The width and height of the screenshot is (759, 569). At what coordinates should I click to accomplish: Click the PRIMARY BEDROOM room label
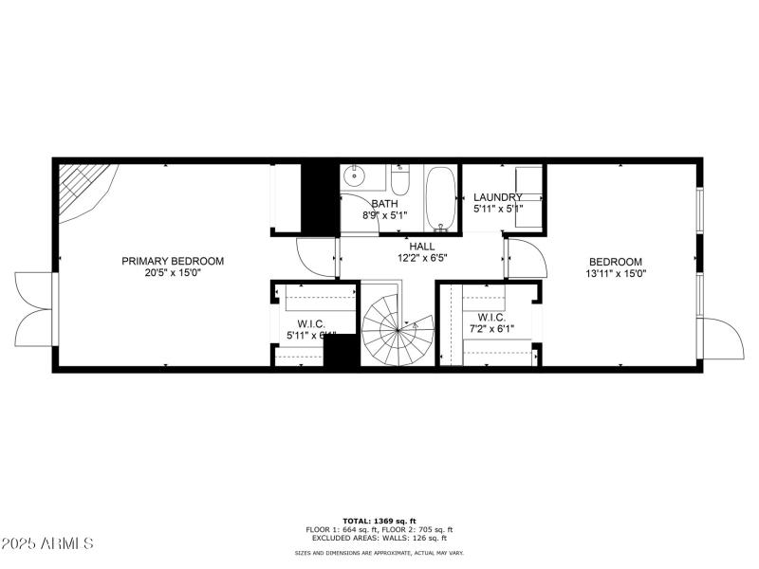coord(172,261)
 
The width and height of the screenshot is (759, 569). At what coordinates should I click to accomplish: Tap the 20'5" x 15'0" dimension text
coord(172,272)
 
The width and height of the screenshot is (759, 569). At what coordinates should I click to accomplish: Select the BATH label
coord(384,203)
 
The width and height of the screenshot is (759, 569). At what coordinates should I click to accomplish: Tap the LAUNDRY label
coord(498,197)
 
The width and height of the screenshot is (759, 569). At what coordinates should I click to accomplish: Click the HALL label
coord(422,246)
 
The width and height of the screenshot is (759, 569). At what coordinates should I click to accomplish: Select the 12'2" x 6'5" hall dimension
coord(422,257)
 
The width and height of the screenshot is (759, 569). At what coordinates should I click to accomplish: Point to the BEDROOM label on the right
coord(615,263)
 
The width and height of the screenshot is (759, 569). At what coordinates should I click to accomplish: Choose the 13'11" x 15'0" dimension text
coord(615,274)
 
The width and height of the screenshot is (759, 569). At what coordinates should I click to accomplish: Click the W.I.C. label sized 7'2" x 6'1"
coord(491,318)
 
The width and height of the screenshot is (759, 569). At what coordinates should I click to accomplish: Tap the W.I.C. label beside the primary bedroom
coord(305,324)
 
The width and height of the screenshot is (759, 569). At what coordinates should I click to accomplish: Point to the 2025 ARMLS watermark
coord(47,543)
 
